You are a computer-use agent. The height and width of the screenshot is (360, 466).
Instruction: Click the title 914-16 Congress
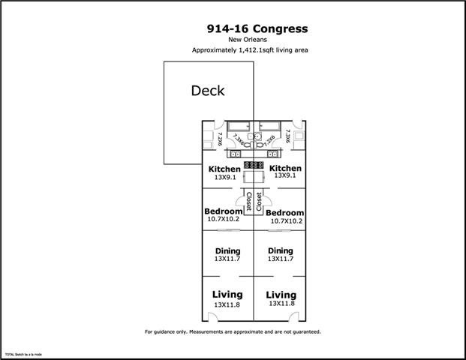[257, 29]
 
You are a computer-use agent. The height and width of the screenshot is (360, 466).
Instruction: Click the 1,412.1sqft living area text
[251, 50]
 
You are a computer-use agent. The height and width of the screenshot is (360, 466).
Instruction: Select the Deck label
[208, 91]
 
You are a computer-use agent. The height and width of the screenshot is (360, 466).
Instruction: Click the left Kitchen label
[224, 169]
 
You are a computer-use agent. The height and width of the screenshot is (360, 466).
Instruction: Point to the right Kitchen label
[285, 169]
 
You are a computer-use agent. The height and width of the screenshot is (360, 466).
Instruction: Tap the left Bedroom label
[223, 211]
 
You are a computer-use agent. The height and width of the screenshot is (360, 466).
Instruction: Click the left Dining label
[227, 251]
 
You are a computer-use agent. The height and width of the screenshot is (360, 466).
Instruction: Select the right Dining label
[281, 251]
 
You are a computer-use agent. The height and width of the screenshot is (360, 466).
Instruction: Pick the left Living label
[227, 295]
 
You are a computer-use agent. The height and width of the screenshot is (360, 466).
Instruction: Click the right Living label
[281, 295]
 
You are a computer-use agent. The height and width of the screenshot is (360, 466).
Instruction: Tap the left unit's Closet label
[248, 202]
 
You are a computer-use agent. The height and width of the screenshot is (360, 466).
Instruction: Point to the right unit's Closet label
[260, 202]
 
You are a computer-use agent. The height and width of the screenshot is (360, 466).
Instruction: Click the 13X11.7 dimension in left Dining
[227, 259]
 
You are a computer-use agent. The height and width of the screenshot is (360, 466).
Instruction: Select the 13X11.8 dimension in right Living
[281, 304]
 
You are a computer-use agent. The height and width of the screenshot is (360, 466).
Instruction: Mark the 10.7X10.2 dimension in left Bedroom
[222, 220]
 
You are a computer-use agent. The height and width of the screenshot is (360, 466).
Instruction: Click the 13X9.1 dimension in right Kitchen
[285, 176]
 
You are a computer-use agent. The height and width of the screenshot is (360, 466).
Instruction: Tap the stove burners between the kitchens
[253, 164]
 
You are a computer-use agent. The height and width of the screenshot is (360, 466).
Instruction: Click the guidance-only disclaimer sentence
[233, 331]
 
